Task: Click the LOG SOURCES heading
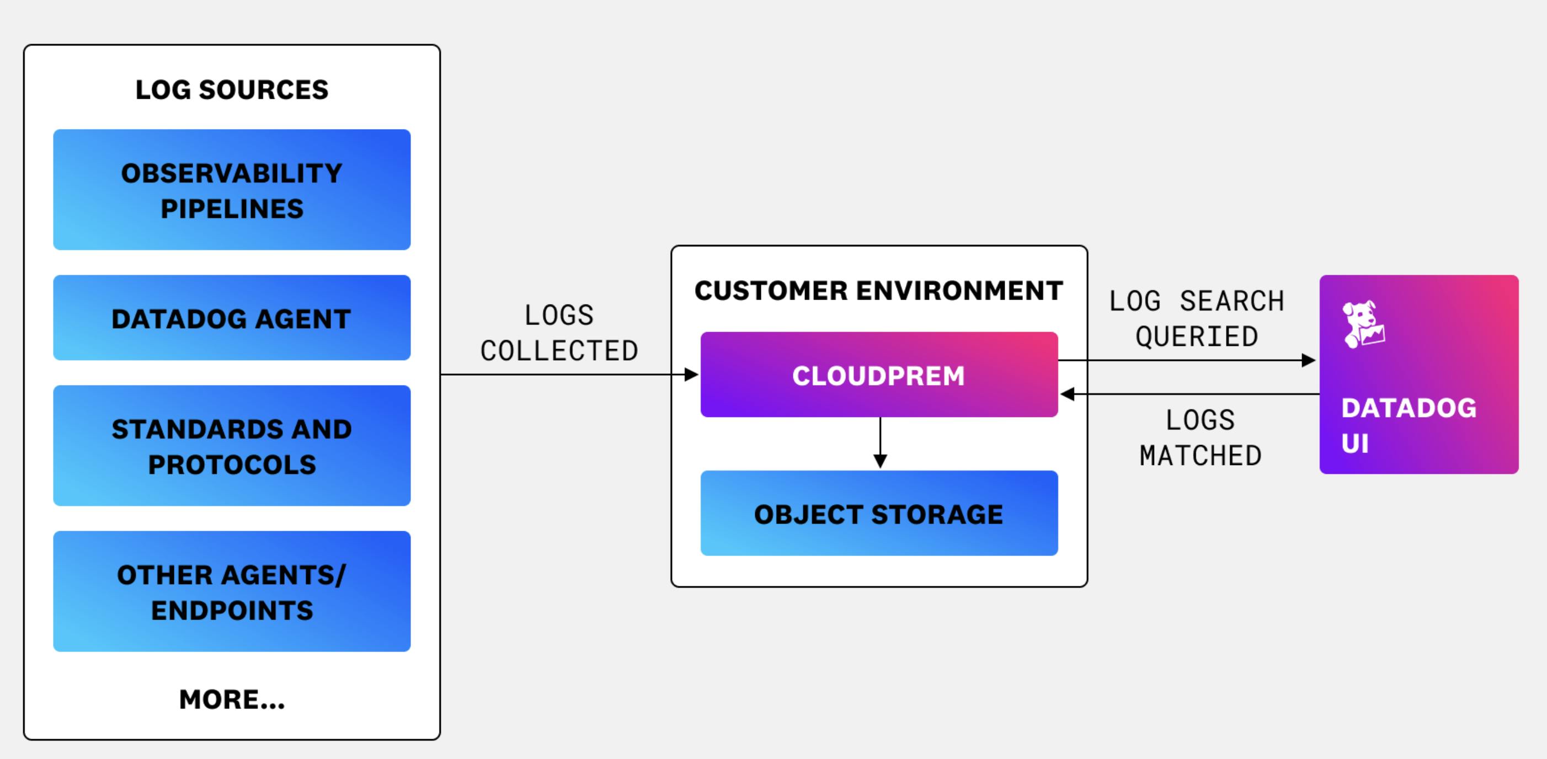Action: click(x=232, y=90)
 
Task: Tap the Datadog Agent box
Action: click(x=232, y=318)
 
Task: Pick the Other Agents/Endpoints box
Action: click(x=232, y=592)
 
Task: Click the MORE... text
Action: click(x=232, y=699)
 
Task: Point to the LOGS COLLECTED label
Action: click(x=558, y=333)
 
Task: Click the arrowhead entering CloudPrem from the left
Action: click(x=692, y=375)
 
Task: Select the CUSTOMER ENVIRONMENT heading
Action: click(x=878, y=291)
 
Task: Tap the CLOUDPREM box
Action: click(x=878, y=375)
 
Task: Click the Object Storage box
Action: click(x=878, y=514)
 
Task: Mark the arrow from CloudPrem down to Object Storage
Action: click(x=880, y=443)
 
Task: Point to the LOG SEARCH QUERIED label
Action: click(x=1196, y=319)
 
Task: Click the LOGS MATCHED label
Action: click(x=1200, y=438)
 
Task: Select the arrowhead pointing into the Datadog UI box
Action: click(x=1308, y=360)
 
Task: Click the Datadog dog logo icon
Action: click(x=1363, y=324)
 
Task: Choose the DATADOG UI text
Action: click(x=1409, y=425)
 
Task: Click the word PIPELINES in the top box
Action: click(x=232, y=209)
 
